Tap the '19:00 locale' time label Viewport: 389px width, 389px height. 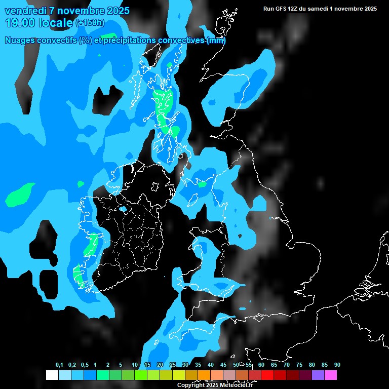click(40, 23)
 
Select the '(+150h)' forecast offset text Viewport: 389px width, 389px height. click(90, 23)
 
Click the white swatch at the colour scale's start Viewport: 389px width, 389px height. click(52, 375)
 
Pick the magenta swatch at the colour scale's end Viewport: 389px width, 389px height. click(331, 375)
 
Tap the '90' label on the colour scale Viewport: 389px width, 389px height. click(337, 365)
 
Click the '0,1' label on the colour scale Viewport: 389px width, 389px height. click(59, 365)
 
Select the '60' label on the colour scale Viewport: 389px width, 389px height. click(261, 365)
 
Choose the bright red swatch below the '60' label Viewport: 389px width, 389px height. click(267, 375)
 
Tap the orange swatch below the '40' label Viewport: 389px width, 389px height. click(204, 375)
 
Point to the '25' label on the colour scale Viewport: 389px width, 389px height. click(173, 365)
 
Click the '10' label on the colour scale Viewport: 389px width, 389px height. click(135, 365)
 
